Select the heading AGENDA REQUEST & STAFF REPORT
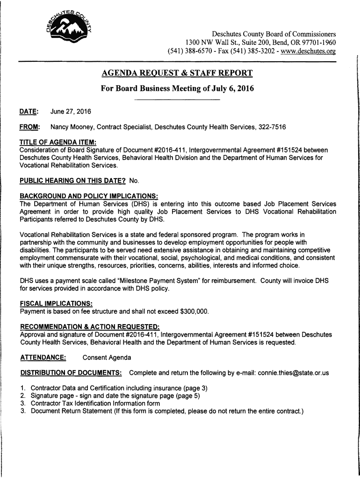pyautogui.click(x=177, y=73)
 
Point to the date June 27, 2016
pyautogui.click(x=71, y=111)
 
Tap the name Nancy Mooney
pyautogui.click(x=72, y=127)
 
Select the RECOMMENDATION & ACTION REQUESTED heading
pyautogui.click(x=89, y=327)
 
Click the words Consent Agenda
pyautogui.click(x=107, y=358)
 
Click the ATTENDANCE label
pyautogui.click(x=43, y=358)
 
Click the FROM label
pyautogui.click(x=29, y=127)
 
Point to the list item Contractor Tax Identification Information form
pyautogui.click(x=95, y=403)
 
